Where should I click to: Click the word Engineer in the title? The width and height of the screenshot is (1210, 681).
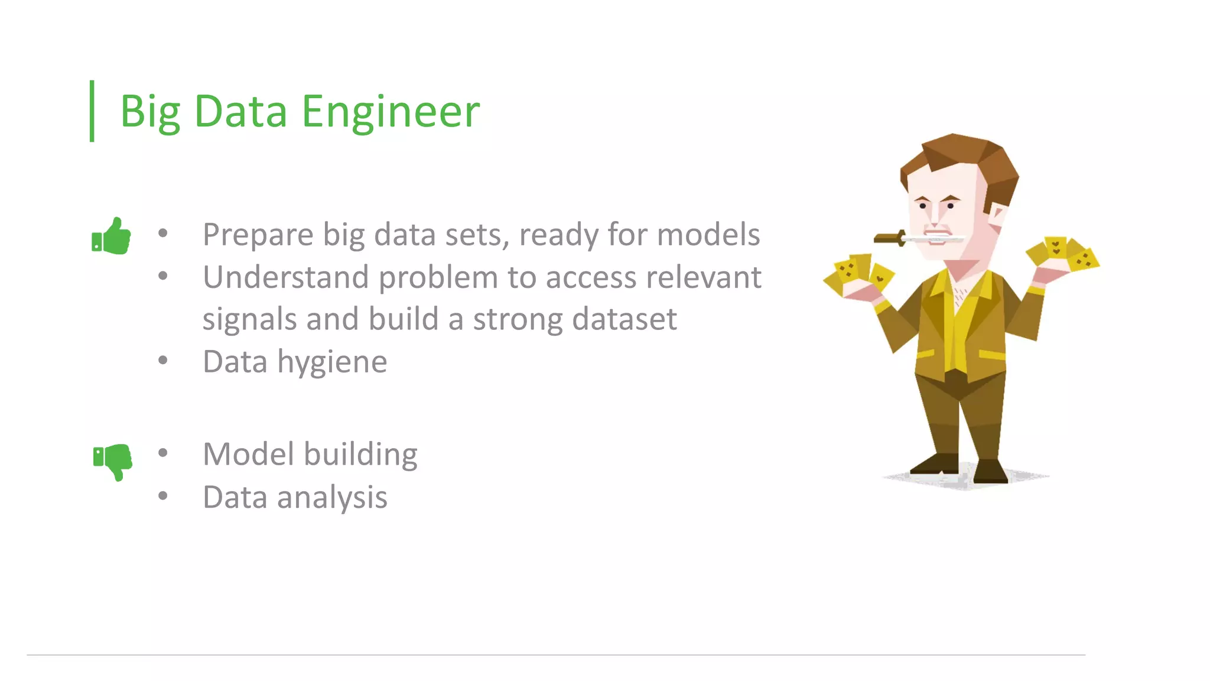(391, 112)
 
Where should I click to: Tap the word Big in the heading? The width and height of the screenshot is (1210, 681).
(150, 112)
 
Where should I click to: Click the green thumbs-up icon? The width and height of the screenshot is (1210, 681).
(111, 236)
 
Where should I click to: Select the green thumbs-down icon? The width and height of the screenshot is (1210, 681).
(112, 461)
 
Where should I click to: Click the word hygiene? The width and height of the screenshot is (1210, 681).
(332, 362)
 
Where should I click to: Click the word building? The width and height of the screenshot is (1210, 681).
(360, 455)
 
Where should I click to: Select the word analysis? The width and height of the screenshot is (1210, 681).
(332, 498)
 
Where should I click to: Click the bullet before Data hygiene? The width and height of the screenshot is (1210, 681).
(163, 360)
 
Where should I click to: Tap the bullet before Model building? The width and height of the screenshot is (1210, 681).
(163, 453)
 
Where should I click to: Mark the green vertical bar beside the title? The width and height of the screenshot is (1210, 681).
(92, 111)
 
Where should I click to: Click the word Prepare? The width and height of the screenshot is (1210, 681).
(258, 235)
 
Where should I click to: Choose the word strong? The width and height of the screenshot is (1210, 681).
(518, 319)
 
